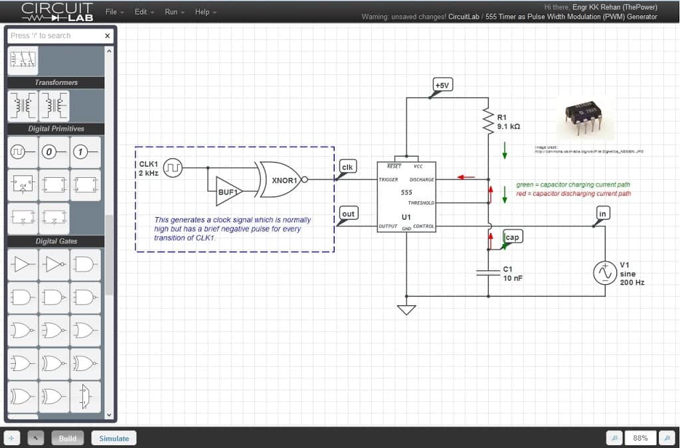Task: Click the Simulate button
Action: [x=114, y=438]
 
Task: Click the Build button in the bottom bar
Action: [x=67, y=438]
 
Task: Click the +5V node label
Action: [x=442, y=85]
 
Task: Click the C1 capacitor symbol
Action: [x=489, y=272]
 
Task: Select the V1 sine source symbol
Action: [x=605, y=273]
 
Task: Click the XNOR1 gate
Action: [x=281, y=179]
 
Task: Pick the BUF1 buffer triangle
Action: [x=228, y=190]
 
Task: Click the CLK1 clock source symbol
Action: [x=173, y=168]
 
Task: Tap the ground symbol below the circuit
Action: [x=406, y=309]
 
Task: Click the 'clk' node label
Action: [x=347, y=167]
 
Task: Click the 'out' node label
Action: [x=348, y=213]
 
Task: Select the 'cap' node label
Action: [x=512, y=237]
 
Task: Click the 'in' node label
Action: [x=603, y=213]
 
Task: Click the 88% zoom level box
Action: [x=640, y=438]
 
